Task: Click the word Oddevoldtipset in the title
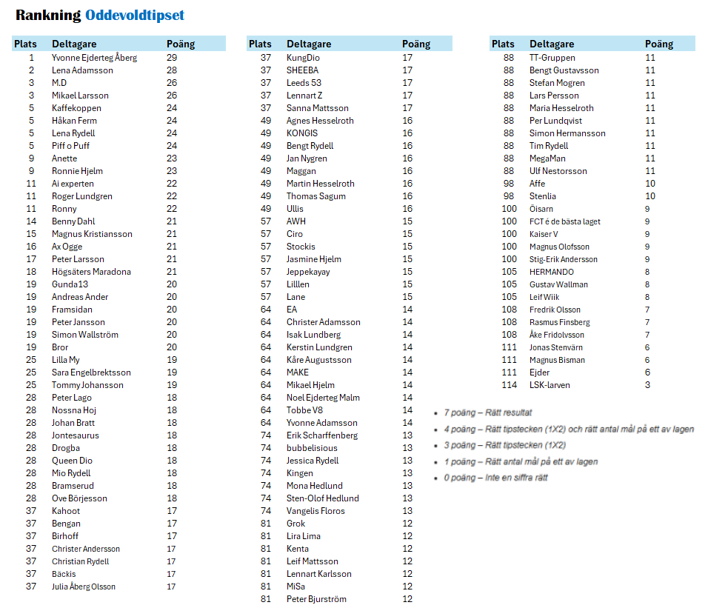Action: pos(135,16)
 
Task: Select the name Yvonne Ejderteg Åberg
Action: pos(94,58)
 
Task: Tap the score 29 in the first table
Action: pos(172,58)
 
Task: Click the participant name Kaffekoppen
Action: pos(76,108)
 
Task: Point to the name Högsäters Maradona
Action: pos(91,272)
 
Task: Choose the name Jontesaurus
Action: pos(75,435)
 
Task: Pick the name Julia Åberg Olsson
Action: pos(84,587)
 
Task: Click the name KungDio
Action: pos(303,58)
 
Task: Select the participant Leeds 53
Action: pos(304,83)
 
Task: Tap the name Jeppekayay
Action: pos(308,272)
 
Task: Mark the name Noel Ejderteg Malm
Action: pos(323,398)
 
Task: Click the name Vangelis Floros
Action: pos(315,511)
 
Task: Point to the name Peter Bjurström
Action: pos(316,599)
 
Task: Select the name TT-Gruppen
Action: pos(552,58)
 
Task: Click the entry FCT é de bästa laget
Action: pos(564,221)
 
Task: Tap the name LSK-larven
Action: pos(550,385)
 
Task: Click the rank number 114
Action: pos(509,385)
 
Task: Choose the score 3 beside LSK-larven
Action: pos(647,385)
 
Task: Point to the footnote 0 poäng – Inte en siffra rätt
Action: pos(495,478)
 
